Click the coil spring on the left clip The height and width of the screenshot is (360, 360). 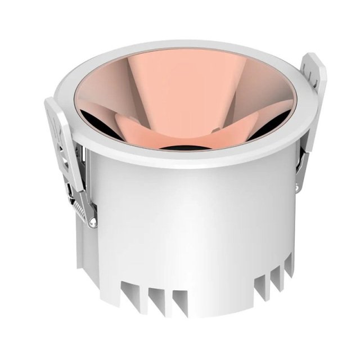click(x=83, y=209)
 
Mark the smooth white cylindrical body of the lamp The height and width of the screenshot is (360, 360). click(x=191, y=225)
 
